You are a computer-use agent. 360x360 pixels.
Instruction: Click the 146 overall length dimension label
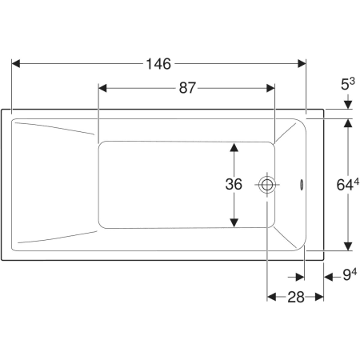click(x=158, y=64)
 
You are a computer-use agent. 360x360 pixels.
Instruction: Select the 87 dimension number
click(x=187, y=88)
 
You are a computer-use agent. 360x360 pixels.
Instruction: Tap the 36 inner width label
click(x=234, y=184)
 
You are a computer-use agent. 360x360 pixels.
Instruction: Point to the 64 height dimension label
click(x=348, y=184)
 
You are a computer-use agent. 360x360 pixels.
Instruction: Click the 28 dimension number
click(x=296, y=297)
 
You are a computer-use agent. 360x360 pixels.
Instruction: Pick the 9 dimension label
click(x=350, y=274)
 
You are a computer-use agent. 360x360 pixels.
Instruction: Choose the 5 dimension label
click(x=348, y=85)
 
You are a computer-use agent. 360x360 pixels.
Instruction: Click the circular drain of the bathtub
click(x=266, y=185)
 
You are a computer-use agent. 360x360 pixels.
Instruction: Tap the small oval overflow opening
click(x=302, y=185)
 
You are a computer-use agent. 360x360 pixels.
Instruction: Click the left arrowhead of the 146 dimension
click(x=16, y=64)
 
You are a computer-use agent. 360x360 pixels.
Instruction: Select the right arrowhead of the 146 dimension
click(x=302, y=64)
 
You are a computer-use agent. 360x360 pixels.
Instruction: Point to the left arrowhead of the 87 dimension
click(x=102, y=88)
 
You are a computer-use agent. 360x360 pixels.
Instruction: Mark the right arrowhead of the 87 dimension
click(x=270, y=88)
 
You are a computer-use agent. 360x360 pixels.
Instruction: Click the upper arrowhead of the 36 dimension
click(x=234, y=147)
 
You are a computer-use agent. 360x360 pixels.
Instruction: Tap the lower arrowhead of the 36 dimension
click(x=234, y=222)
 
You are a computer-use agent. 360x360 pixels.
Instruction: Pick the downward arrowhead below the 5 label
click(x=348, y=105)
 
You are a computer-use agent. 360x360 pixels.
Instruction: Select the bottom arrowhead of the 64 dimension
click(x=348, y=246)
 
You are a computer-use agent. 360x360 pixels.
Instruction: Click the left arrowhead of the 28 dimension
click(x=271, y=297)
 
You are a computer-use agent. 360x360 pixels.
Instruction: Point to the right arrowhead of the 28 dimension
click(x=319, y=297)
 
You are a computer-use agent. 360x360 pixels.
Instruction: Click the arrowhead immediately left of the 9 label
click(x=329, y=277)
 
